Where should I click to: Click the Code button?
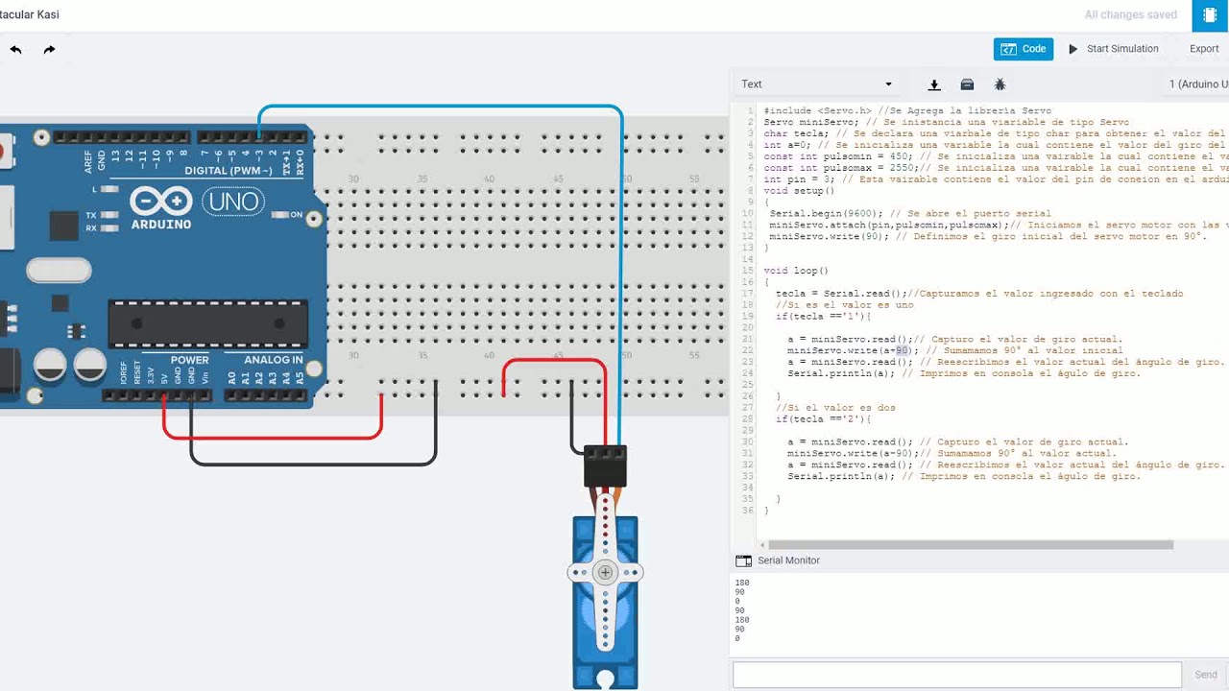1024,49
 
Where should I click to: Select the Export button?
1204,49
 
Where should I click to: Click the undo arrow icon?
16,49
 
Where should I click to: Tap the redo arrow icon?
49,49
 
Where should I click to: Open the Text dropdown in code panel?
816,84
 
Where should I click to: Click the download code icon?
934,84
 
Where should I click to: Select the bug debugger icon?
1000,84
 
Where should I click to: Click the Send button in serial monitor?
1206,675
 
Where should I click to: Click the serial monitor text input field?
956,675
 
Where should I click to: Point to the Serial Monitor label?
788,560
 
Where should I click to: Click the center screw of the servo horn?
605,573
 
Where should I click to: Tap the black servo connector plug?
605,465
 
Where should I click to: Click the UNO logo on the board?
233,202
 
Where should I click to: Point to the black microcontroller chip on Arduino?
208,323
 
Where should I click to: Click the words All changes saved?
1130,15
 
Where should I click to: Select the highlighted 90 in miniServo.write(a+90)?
902,350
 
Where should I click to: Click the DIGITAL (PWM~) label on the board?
229,171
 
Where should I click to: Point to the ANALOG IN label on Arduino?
274,360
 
